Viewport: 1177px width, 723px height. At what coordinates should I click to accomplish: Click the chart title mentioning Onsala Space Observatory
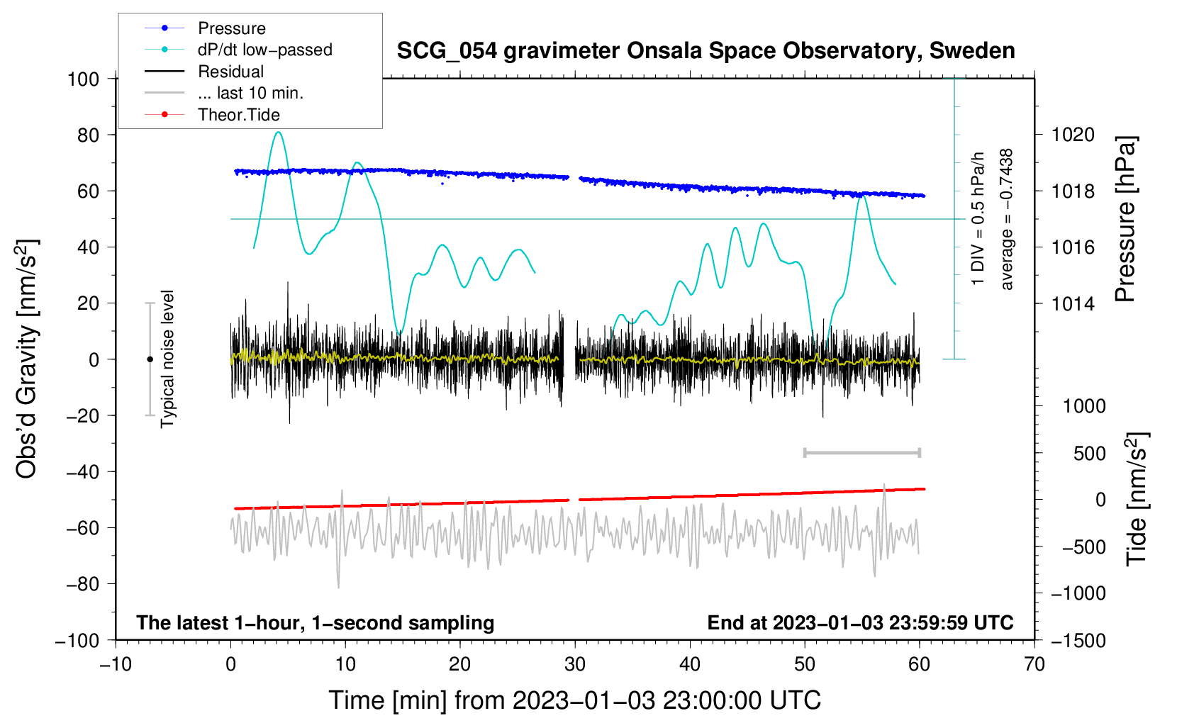coord(705,51)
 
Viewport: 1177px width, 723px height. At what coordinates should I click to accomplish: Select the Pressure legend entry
coord(205,28)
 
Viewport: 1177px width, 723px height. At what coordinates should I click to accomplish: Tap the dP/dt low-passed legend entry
coord(238,50)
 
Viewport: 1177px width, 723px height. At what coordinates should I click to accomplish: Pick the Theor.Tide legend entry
coord(212,115)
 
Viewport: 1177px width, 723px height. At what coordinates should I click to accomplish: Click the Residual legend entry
coord(204,72)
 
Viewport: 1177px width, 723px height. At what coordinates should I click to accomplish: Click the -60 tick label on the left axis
coord(82,527)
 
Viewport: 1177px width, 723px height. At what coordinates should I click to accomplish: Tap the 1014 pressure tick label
coord(1073,303)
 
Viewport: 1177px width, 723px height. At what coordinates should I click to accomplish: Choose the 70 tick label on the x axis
coord(1034,664)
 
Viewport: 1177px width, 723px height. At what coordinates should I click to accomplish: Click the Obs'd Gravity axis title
coord(27,359)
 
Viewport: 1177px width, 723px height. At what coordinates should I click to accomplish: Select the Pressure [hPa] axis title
coord(1125,219)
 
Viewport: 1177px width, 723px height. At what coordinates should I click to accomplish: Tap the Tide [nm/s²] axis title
coord(1137,499)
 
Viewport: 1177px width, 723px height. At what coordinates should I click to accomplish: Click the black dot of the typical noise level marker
coord(150,359)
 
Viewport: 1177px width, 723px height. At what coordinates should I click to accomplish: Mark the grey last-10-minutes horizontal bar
coord(862,452)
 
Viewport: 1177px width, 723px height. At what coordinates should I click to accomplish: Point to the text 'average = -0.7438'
coord(1005,219)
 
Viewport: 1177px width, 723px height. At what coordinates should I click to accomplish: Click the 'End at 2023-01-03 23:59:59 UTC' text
coord(860,622)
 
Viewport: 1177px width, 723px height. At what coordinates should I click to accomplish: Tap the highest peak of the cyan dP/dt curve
coord(279,132)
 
